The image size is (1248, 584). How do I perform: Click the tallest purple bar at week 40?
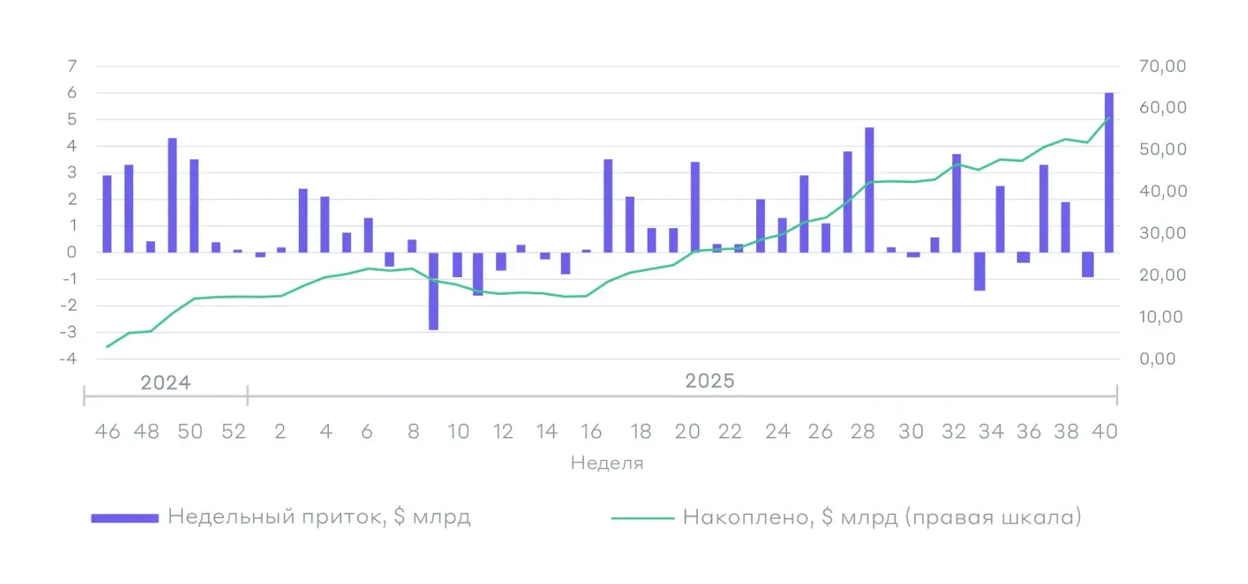(1109, 172)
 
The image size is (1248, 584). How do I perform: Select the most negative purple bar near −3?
(434, 291)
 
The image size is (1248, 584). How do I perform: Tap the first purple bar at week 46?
(107, 214)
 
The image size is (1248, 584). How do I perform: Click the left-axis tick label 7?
(72, 66)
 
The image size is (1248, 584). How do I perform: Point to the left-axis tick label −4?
(69, 358)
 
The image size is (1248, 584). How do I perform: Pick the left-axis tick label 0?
(72, 252)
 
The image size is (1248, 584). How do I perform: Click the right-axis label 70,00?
(1162, 66)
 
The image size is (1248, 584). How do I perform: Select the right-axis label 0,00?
(1158, 359)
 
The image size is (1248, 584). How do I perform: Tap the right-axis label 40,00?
(1162, 191)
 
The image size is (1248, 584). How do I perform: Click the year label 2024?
(165, 382)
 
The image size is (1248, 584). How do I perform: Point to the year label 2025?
(709, 381)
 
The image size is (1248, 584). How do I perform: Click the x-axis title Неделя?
(607, 463)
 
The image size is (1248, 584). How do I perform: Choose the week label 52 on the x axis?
(233, 431)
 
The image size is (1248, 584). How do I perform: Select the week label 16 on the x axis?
(591, 431)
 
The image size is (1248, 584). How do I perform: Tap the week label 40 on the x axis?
(1104, 431)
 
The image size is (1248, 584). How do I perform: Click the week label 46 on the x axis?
(108, 431)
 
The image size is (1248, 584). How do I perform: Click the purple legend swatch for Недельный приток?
(125, 518)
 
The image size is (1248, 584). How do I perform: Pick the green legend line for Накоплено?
(643, 518)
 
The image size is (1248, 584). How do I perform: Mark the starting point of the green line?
(107, 347)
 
